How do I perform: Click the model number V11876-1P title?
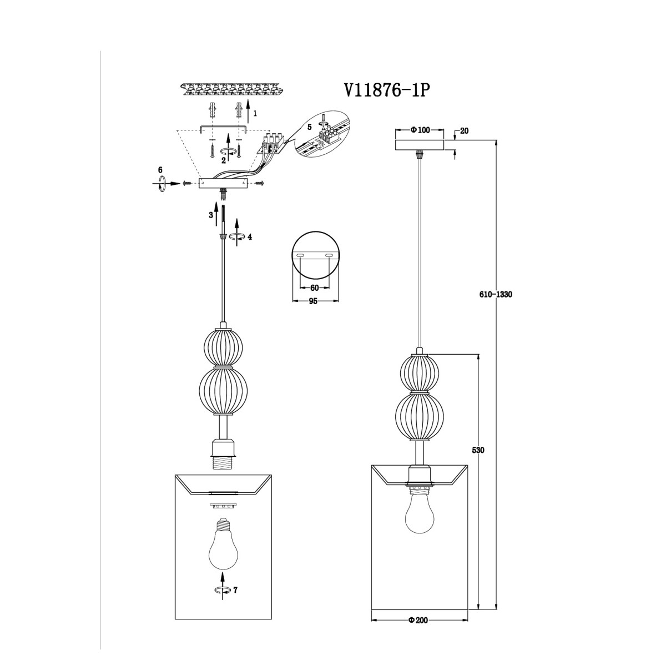tap(387, 91)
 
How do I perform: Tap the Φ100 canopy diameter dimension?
tap(420, 130)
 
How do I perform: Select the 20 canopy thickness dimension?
tap(465, 131)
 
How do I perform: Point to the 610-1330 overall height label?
tap(496, 295)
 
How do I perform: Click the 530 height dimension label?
tap(478, 450)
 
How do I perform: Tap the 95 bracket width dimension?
tap(313, 301)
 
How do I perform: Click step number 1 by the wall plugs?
tap(255, 113)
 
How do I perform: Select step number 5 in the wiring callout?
tap(309, 127)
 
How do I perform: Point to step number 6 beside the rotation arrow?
tap(160, 170)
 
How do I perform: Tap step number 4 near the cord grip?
tap(250, 237)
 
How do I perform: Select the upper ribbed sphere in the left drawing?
tap(223, 347)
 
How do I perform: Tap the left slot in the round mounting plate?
tap(301, 255)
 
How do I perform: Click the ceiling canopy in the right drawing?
tap(420, 144)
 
